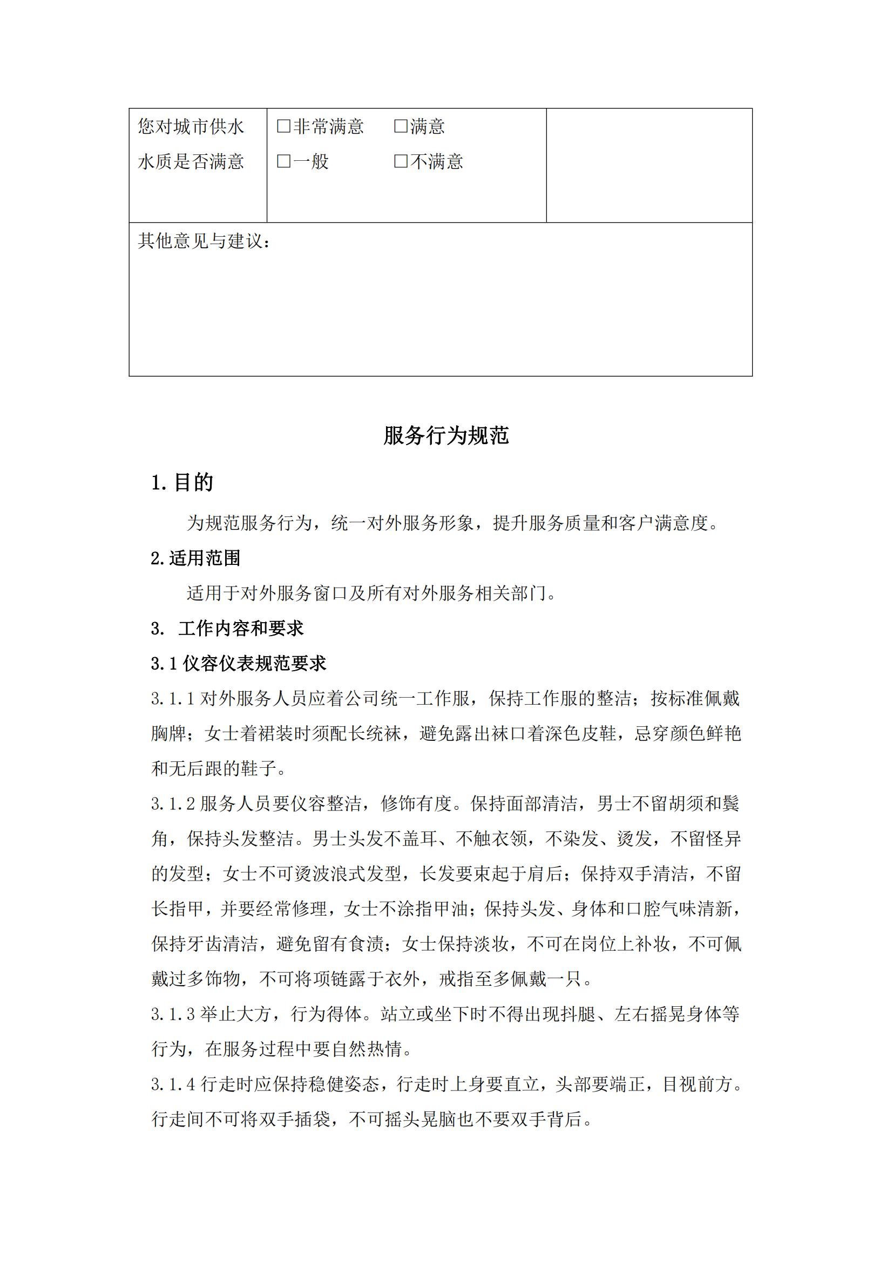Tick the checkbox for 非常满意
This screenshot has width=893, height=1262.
coord(284,126)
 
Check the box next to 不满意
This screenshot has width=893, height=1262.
coord(401,161)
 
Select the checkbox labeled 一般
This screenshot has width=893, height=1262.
coord(284,161)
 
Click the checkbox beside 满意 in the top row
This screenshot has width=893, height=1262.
coord(401,126)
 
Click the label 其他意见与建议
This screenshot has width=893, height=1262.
coord(204,241)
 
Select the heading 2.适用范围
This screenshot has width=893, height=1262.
coord(196,558)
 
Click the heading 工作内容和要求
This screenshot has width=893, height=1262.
coord(240,628)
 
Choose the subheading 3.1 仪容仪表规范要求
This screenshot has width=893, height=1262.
coord(239,664)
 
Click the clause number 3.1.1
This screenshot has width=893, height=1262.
coord(173,699)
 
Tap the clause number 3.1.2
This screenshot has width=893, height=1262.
coord(173,803)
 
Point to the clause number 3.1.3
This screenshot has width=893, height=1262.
coord(173,1014)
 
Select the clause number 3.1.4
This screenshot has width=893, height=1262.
coord(173,1084)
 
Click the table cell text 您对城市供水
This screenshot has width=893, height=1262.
coord(191,126)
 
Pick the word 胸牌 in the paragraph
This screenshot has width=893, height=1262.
coord(169,733)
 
